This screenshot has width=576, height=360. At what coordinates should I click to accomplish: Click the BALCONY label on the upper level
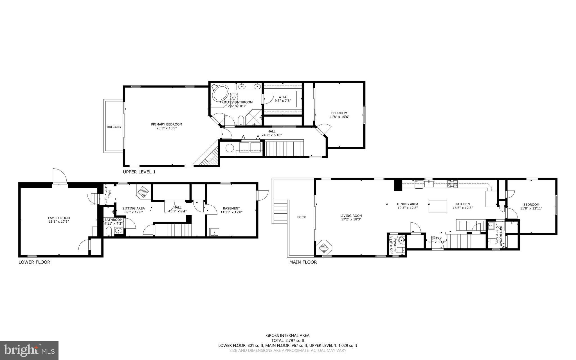point(114,127)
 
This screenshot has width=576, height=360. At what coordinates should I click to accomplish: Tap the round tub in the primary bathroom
point(220,93)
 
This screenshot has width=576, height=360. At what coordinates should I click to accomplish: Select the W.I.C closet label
point(283,97)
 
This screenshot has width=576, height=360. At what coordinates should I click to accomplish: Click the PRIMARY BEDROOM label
point(166,124)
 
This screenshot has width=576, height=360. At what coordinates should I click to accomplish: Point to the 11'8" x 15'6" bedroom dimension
point(339,117)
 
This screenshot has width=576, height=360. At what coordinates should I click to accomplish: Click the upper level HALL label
point(271,131)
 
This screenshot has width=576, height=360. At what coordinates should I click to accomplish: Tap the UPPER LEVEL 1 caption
point(139,172)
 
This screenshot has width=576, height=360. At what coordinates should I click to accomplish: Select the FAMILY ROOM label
point(59,218)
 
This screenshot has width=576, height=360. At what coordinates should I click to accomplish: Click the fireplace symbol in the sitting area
point(144,191)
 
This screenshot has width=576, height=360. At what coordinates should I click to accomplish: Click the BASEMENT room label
point(231,209)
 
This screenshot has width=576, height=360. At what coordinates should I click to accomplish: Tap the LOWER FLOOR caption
point(34,262)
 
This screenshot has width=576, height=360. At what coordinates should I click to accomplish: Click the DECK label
point(301,217)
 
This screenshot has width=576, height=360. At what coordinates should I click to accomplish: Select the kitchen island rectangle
point(438,206)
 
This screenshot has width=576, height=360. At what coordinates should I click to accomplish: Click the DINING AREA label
point(408,204)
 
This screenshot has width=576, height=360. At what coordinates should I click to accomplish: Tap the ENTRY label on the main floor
point(436,238)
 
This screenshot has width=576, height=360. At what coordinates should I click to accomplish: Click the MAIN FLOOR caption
point(303,262)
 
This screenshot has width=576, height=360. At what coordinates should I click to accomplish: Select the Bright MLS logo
point(29,350)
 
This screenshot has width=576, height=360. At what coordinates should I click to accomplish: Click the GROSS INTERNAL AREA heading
point(288,336)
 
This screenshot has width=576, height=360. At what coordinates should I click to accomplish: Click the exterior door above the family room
point(59,176)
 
